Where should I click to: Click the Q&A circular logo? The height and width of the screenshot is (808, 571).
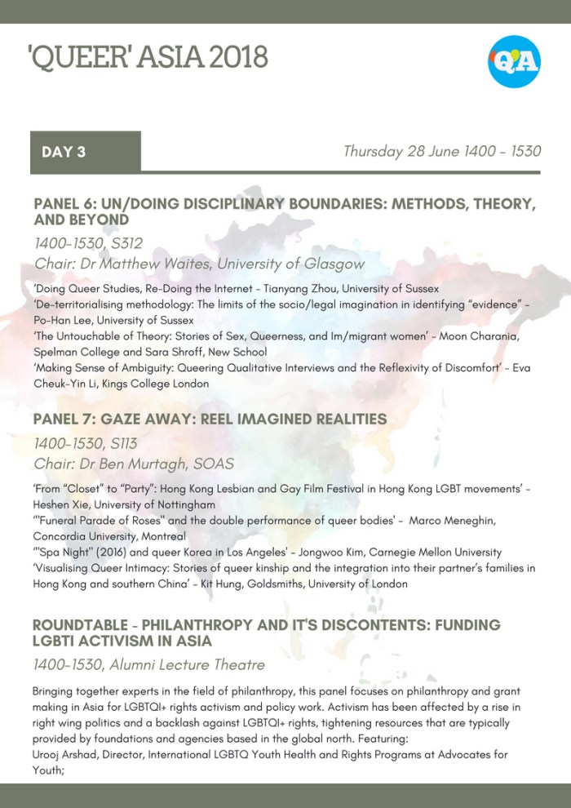click(x=515, y=60)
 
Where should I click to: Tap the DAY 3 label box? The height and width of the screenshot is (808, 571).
click(x=86, y=152)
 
